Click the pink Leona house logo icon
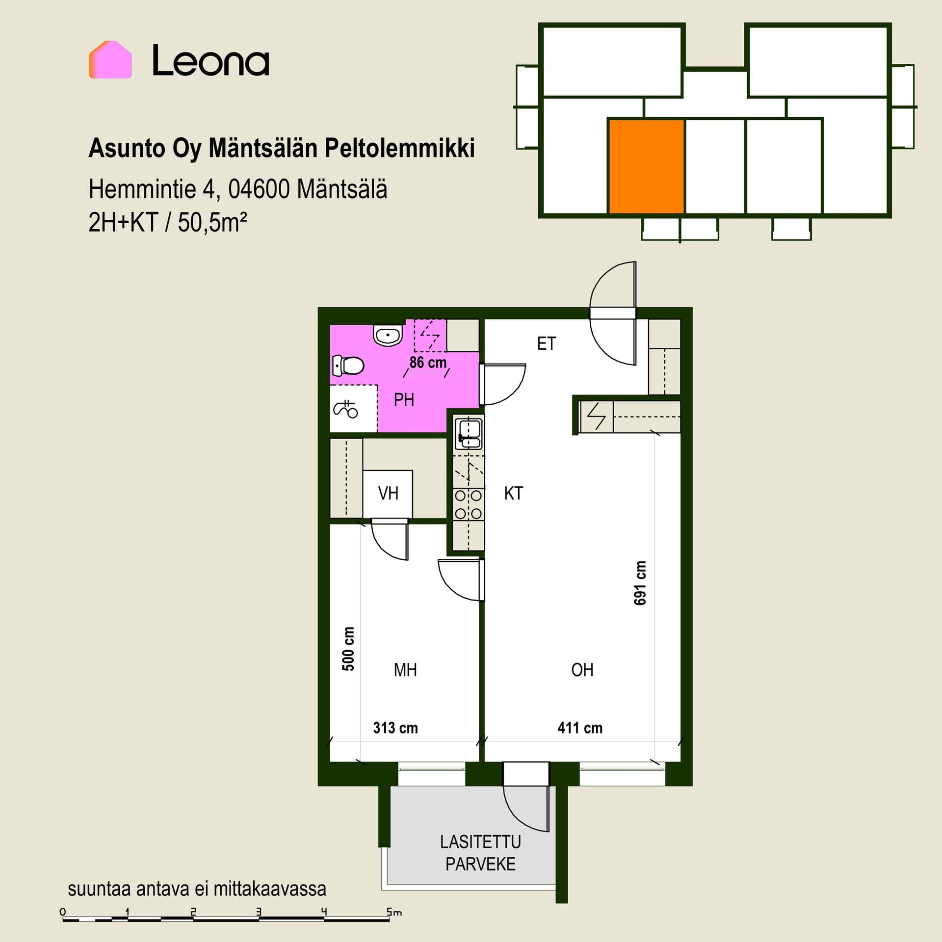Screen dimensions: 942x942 tap(110, 60)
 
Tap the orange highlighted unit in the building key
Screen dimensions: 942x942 tap(647, 166)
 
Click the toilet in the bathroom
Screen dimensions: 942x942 tap(348, 366)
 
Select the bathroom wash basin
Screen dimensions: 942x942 tap(388, 336)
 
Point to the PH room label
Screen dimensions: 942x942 tap(404, 400)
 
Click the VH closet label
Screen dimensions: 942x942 tap(388, 493)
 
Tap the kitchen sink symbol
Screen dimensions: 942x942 tap(469, 434)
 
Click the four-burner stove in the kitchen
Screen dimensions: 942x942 tap(469, 505)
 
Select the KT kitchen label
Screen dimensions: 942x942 tap(514, 493)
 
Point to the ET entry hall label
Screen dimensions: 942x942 tap(547, 343)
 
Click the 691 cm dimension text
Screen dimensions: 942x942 tap(640, 583)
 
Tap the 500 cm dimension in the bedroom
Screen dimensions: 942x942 tap(348, 649)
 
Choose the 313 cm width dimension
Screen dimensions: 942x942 tap(395, 728)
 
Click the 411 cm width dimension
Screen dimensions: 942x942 tap(580, 728)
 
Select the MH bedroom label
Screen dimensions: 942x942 tap(405, 670)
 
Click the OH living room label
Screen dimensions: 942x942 tap(582, 670)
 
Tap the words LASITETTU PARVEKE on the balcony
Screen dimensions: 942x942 tap(480, 853)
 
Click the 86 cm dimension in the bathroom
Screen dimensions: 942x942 tap(428, 363)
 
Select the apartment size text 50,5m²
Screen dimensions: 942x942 tap(212, 223)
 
